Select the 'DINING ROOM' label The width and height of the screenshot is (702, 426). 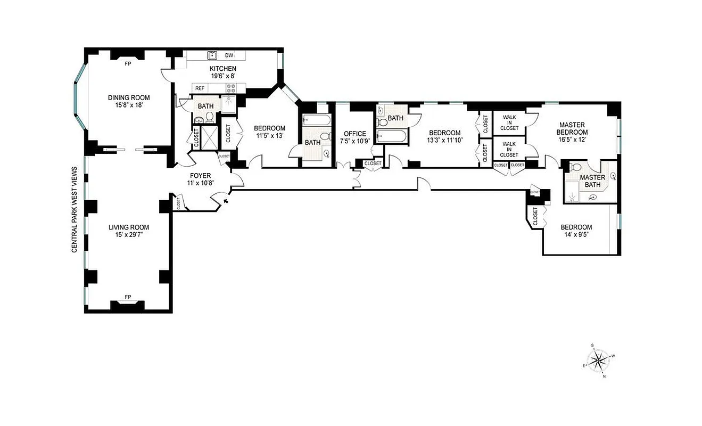[x=129, y=97]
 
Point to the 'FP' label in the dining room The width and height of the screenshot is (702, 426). [x=128, y=64]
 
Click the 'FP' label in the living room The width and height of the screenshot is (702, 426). [x=128, y=297]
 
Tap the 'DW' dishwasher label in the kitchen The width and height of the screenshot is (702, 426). [x=229, y=55]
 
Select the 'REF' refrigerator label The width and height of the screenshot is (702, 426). [x=200, y=88]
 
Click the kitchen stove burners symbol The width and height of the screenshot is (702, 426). [x=232, y=88]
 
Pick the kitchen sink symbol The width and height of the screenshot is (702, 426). [x=212, y=55]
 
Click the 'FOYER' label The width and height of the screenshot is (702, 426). [x=201, y=175]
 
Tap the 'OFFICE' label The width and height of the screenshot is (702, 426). [x=354, y=134]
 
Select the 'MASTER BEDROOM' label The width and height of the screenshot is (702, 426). [x=572, y=128]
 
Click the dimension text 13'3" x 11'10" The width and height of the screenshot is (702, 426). [x=444, y=141]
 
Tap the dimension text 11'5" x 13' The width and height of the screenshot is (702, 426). [x=269, y=136]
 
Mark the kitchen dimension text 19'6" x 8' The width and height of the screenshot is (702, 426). [x=222, y=76]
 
